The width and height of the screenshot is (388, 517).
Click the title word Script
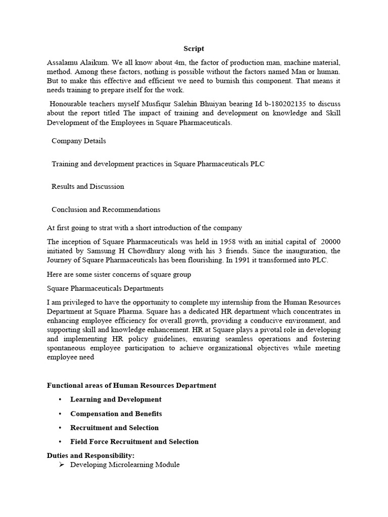(193, 48)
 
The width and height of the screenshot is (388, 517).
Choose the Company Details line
(79, 141)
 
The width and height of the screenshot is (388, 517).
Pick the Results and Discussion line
(88, 186)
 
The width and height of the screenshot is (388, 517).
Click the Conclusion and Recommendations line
(106, 209)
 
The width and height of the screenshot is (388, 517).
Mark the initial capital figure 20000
(330, 241)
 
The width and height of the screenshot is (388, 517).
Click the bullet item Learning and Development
(116, 399)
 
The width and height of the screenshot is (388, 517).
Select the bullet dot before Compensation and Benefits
(60, 413)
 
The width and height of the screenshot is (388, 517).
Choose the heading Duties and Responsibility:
(90, 455)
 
